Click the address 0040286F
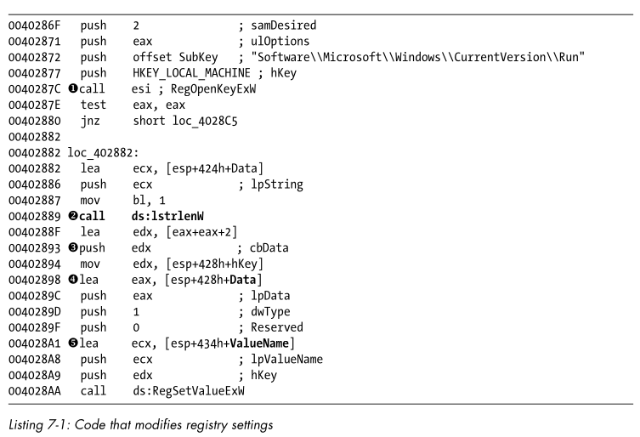(33, 26)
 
